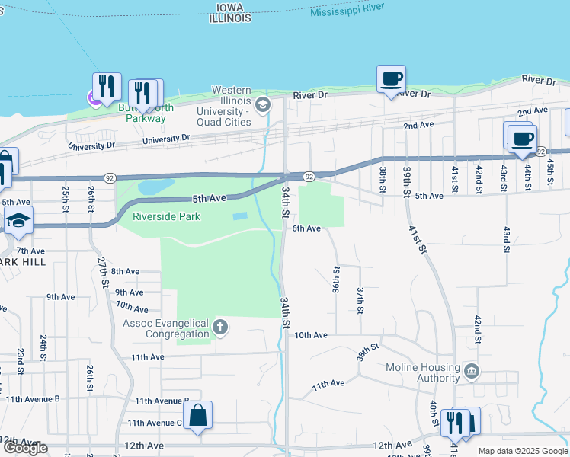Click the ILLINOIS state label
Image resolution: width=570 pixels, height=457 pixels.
click(230, 18)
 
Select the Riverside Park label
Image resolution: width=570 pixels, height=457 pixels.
click(166, 216)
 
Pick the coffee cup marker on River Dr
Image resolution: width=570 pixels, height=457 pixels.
click(391, 79)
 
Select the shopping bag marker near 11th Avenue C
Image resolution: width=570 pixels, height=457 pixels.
click(197, 416)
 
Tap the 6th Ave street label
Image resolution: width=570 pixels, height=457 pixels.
click(307, 228)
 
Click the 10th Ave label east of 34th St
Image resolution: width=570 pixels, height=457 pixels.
click(311, 335)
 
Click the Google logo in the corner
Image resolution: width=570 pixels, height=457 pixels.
click(25, 448)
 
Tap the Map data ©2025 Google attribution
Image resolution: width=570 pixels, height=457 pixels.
click(522, 451)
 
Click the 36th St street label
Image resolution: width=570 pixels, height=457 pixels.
click(335, 280)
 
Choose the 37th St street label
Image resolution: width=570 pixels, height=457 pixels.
click(360, 299)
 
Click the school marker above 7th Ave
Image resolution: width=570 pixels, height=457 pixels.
click(18, 222)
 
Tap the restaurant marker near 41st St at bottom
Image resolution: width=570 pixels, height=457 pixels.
click(456, 422)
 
